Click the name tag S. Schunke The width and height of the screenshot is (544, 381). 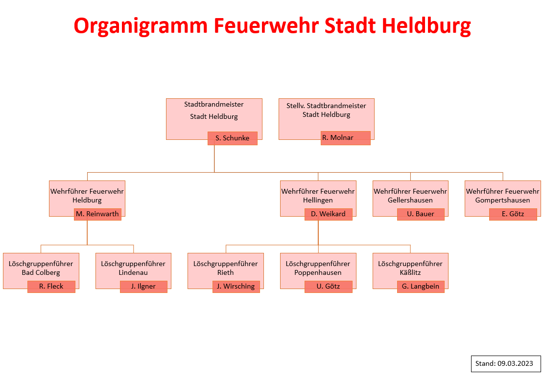[233, 138]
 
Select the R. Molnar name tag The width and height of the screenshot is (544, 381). [346, 138]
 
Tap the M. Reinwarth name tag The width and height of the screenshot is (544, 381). [97, 214]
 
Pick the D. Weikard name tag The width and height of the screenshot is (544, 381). [328, 214]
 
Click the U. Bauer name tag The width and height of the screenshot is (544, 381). [421, 214]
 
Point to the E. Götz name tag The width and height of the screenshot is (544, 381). [513, 214]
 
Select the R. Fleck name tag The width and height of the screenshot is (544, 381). [51, 287]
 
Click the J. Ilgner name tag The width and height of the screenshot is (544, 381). [143, 287]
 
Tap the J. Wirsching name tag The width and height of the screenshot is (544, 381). [236, 287]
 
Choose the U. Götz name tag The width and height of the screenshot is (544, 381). [328, 287]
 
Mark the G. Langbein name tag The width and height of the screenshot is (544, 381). [421, 287]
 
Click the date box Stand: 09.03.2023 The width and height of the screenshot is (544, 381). [506, 364]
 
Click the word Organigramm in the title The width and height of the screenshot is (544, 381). [141, 26]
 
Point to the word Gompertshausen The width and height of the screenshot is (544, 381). [503, 201]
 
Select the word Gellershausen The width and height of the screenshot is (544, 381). [410, 200]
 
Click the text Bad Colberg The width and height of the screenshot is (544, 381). [41, 273]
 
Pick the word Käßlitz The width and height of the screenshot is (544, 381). [410, 272]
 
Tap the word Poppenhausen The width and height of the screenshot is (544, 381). [318, 273]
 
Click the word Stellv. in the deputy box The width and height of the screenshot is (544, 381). [295, 106]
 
